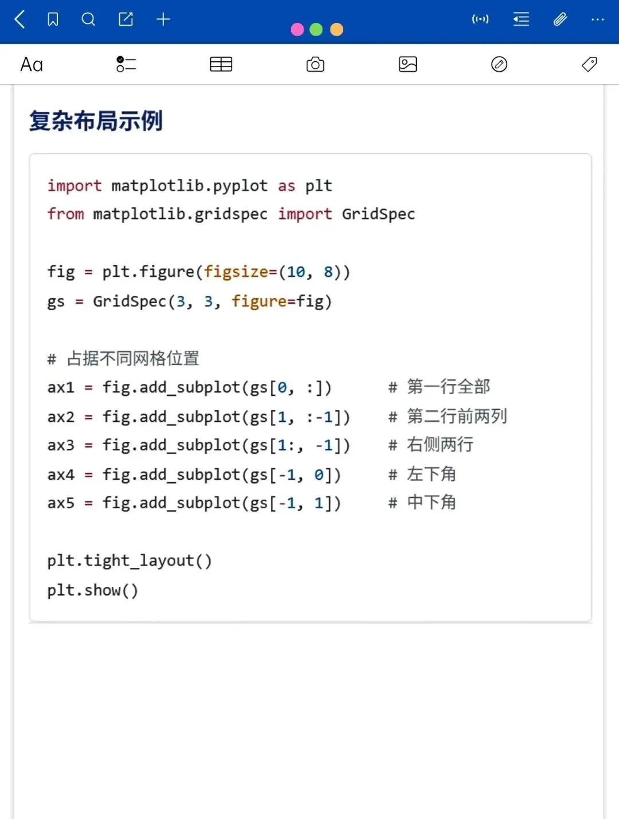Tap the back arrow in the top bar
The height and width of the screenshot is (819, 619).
tap(19, 19)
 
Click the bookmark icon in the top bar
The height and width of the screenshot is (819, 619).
tap(53, 19)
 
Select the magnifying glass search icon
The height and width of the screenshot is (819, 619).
tap(88, 19)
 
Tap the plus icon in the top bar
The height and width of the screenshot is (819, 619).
tap(163, 19)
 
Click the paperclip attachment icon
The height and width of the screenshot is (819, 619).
tap(560, 19)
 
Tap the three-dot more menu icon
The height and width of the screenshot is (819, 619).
tap(597, 19)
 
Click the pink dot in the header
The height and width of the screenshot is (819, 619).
tap(297, 30)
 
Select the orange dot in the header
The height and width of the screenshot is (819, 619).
tap(336, 30)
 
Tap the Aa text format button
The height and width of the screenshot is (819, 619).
tap(32, 64)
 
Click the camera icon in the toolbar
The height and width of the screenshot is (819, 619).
tap(315, 64)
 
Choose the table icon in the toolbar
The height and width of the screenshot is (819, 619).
tap(221, 64)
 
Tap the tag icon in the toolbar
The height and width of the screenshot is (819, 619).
tap(589, 64)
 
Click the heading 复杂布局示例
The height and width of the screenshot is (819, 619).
tap(96, 121)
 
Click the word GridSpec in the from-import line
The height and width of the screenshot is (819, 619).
tap(378, 214)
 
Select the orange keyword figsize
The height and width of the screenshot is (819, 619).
tap(236, 271)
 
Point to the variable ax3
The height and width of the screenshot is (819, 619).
tap(61, 445)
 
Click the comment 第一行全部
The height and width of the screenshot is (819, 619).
tap(448, 387)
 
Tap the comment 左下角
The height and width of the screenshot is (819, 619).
tap(431, 474)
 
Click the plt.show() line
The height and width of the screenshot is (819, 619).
tap(93, 590)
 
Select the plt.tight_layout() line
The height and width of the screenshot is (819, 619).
tap(130, 560)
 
